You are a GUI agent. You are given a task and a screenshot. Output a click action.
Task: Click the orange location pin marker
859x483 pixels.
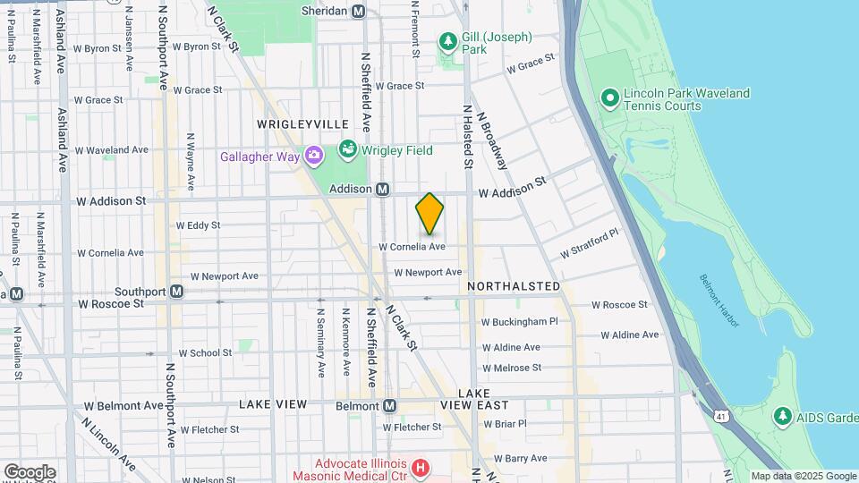pos(429,214)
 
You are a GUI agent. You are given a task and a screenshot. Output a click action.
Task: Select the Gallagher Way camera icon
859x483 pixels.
pos(314,157)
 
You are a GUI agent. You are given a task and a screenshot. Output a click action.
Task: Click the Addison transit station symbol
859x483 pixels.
pos(382,189)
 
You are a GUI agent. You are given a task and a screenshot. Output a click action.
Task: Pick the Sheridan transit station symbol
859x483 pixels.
pos(358,11)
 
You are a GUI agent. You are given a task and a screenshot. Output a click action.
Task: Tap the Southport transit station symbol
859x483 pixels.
pos(177,292)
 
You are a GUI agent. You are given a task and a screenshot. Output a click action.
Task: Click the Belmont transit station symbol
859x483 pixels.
pos(389,406)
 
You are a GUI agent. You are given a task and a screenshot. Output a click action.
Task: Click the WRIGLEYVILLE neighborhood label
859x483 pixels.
pos(302,123)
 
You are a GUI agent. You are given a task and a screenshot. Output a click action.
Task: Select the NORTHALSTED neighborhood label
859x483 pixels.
pos(514,286)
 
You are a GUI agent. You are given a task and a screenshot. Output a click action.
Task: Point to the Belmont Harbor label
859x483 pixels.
pos(720,300)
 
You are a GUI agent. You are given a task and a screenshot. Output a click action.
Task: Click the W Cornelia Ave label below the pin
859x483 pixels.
pos(412,247)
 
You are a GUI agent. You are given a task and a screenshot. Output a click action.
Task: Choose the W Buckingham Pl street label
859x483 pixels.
pos(519,321)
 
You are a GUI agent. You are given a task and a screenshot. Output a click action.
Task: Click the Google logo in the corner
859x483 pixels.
pos(30,471)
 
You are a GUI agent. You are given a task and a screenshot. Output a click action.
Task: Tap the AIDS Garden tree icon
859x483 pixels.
pos(783,416)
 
